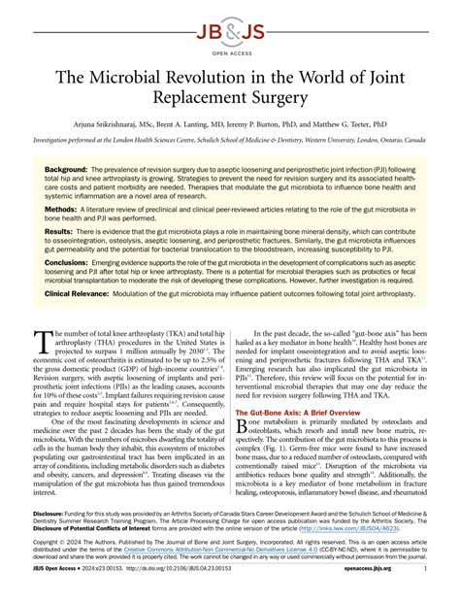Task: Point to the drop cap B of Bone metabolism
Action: tap(243, 427)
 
